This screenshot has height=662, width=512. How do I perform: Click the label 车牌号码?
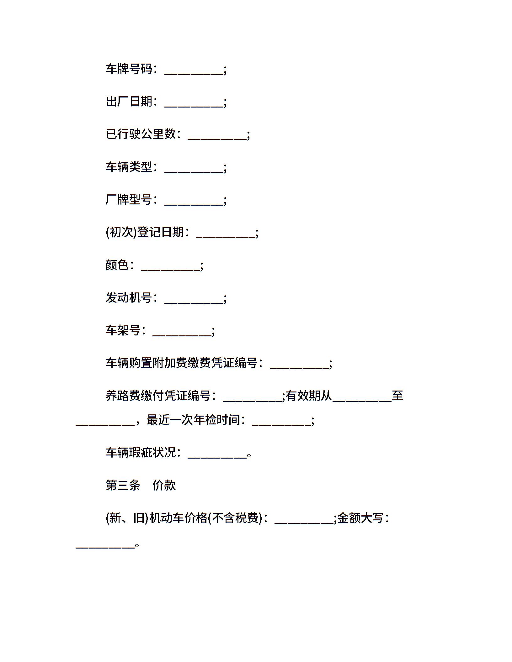point(129,69)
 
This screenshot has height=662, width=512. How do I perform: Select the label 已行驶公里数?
point(141,134)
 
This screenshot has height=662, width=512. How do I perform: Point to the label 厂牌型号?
point(129,199)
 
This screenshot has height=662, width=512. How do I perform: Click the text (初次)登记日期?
point(145,232)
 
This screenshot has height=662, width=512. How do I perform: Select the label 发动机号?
point(129,297)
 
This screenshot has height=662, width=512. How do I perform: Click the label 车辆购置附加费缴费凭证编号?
point(182,363)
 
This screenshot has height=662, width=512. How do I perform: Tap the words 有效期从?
point(309,395)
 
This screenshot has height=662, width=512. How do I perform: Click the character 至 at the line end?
point(397,395)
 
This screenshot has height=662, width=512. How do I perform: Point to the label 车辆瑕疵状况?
point(141,452)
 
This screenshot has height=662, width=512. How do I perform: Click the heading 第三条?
point(123,485)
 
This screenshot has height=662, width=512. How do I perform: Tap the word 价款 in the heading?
point(164,485)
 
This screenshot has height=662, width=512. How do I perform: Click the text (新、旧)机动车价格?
point(157,518)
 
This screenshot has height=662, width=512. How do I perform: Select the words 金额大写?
point(360,518)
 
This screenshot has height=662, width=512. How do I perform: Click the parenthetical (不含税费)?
point(235,518)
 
